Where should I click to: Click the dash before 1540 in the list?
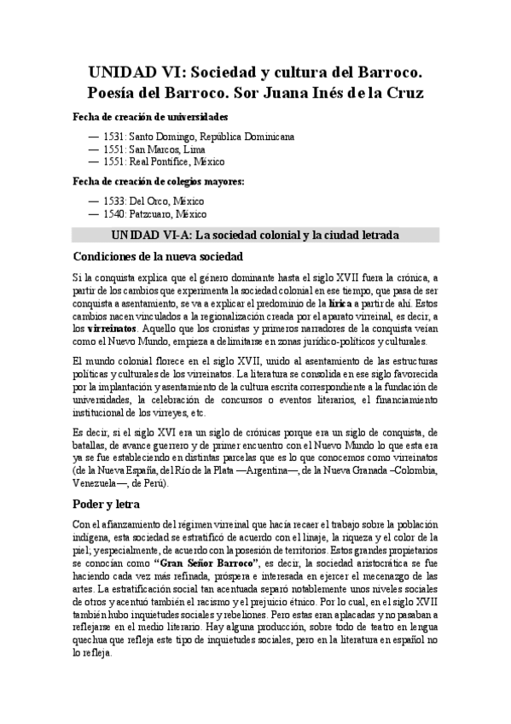pos(93,214)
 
